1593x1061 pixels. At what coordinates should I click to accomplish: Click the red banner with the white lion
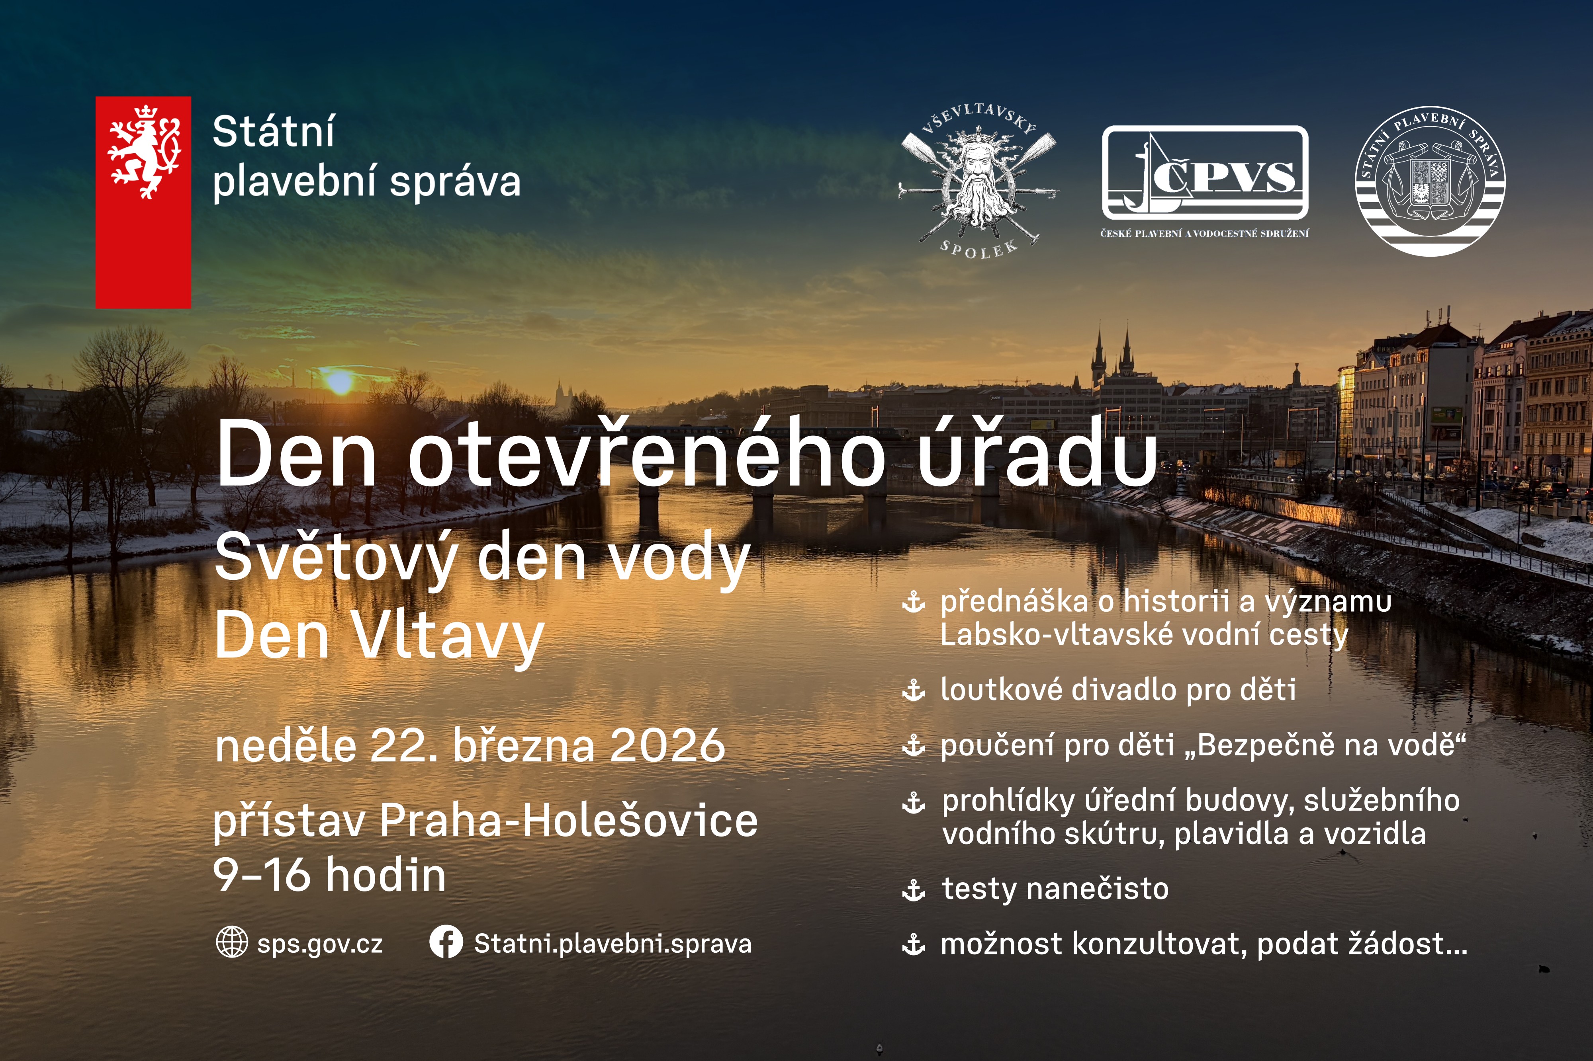tap(143, 202)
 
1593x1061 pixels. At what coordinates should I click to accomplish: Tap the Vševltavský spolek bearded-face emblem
tap(978, 183)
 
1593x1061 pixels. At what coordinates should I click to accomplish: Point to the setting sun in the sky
tap(339, 382)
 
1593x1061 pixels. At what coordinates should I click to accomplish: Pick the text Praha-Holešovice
tap(569, 821)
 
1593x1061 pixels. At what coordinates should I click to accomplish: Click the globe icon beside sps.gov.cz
tap(231, 942)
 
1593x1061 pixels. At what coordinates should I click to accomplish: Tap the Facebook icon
tap(446, 942)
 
